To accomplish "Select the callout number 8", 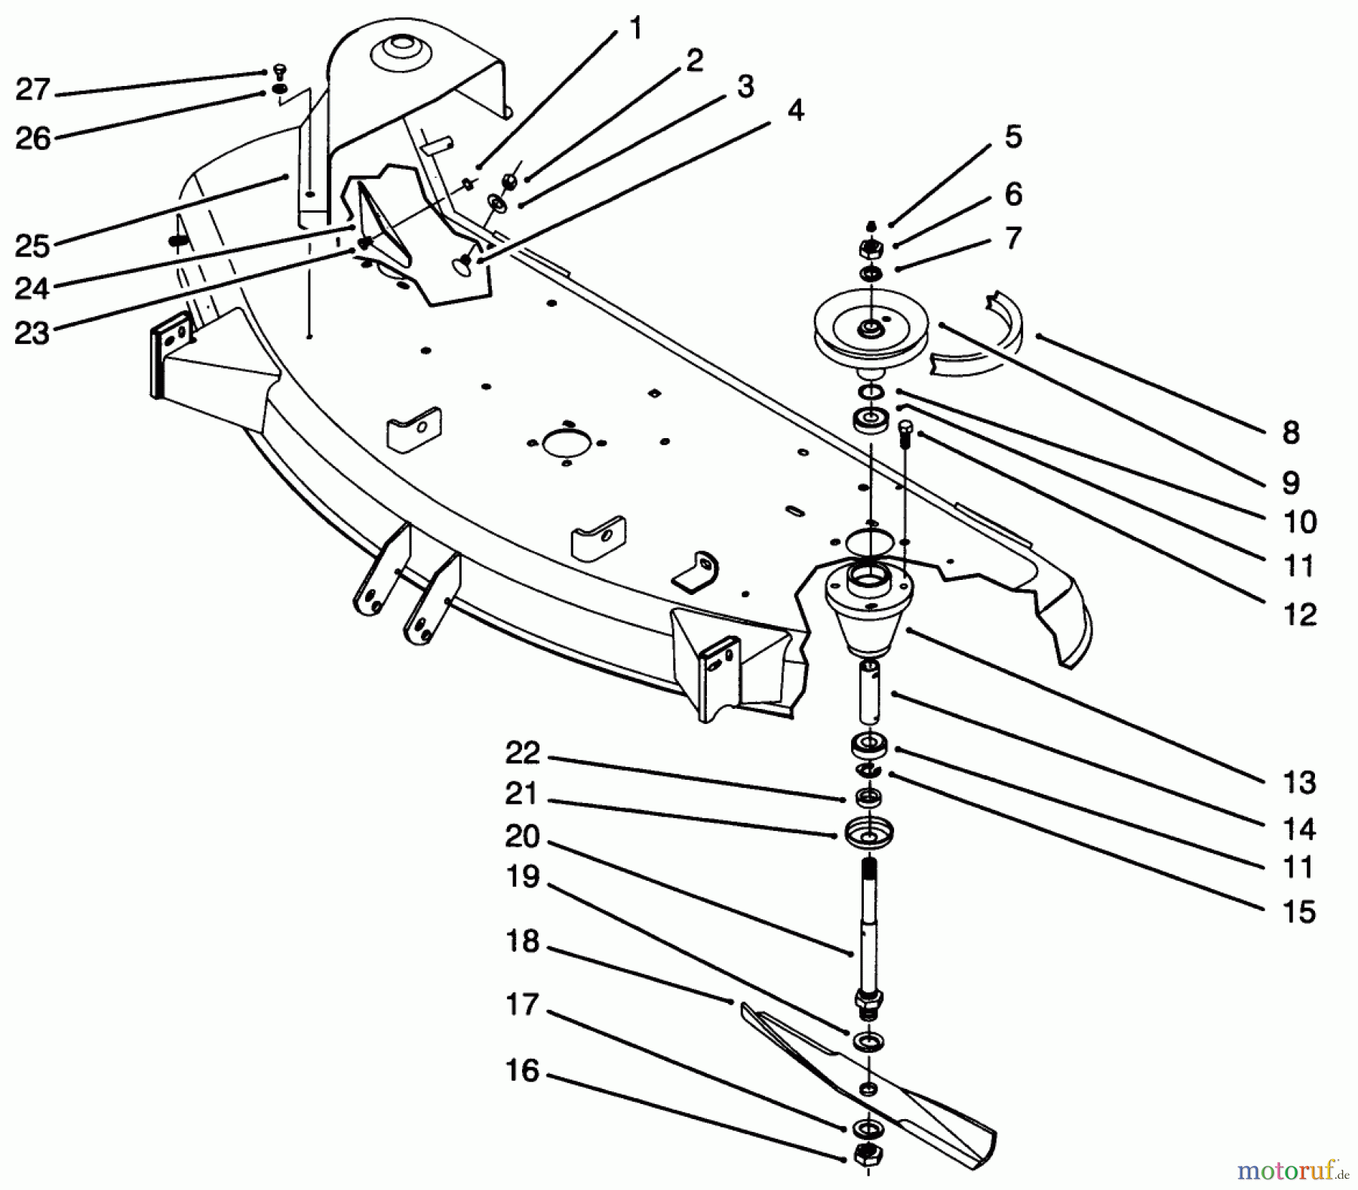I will click(x=1291, y=433).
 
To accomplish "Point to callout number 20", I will click(x=523, y=836).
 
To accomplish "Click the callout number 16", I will click(x=523, y=1072).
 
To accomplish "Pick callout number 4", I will click(x=794, y=110).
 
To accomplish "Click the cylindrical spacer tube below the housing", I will click(x=870, y=691).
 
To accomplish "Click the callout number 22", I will click(x=523, y=753).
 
